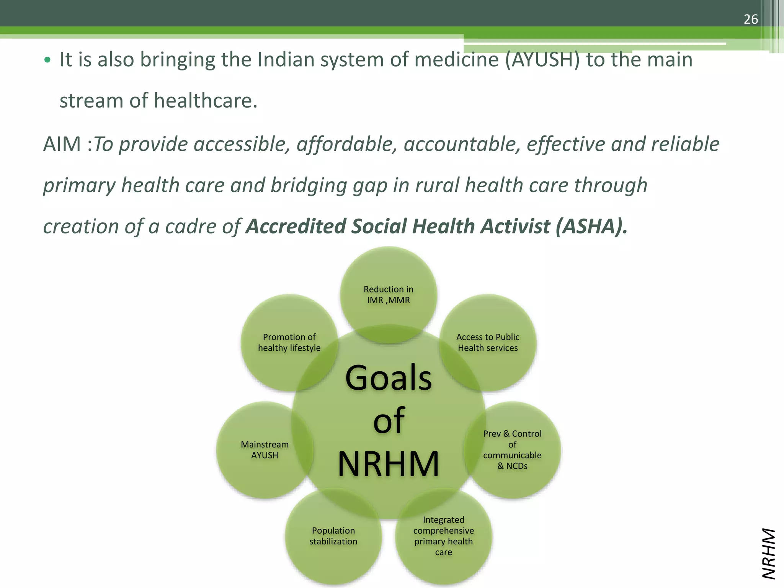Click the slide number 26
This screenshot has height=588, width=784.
tap(750, 19)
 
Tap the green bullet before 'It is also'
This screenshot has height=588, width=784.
tap(47, 60)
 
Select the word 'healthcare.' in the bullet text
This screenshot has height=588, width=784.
tap(206, 101)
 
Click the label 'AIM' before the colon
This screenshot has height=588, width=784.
tap(62, 144)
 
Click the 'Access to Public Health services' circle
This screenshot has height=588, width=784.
tap(488, 342)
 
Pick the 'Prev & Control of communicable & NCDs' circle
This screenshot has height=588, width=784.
tap(512, 450)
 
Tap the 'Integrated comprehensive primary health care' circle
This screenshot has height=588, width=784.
tap(443, 536)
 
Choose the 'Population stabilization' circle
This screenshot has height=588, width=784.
tap(333, 536)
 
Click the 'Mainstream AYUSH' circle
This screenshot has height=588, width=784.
tap(265, 450)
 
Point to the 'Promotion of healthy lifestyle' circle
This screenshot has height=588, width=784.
tap(289, 342)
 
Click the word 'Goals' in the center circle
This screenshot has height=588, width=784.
tap(388, 378)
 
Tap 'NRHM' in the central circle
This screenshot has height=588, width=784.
tap(388, 464)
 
